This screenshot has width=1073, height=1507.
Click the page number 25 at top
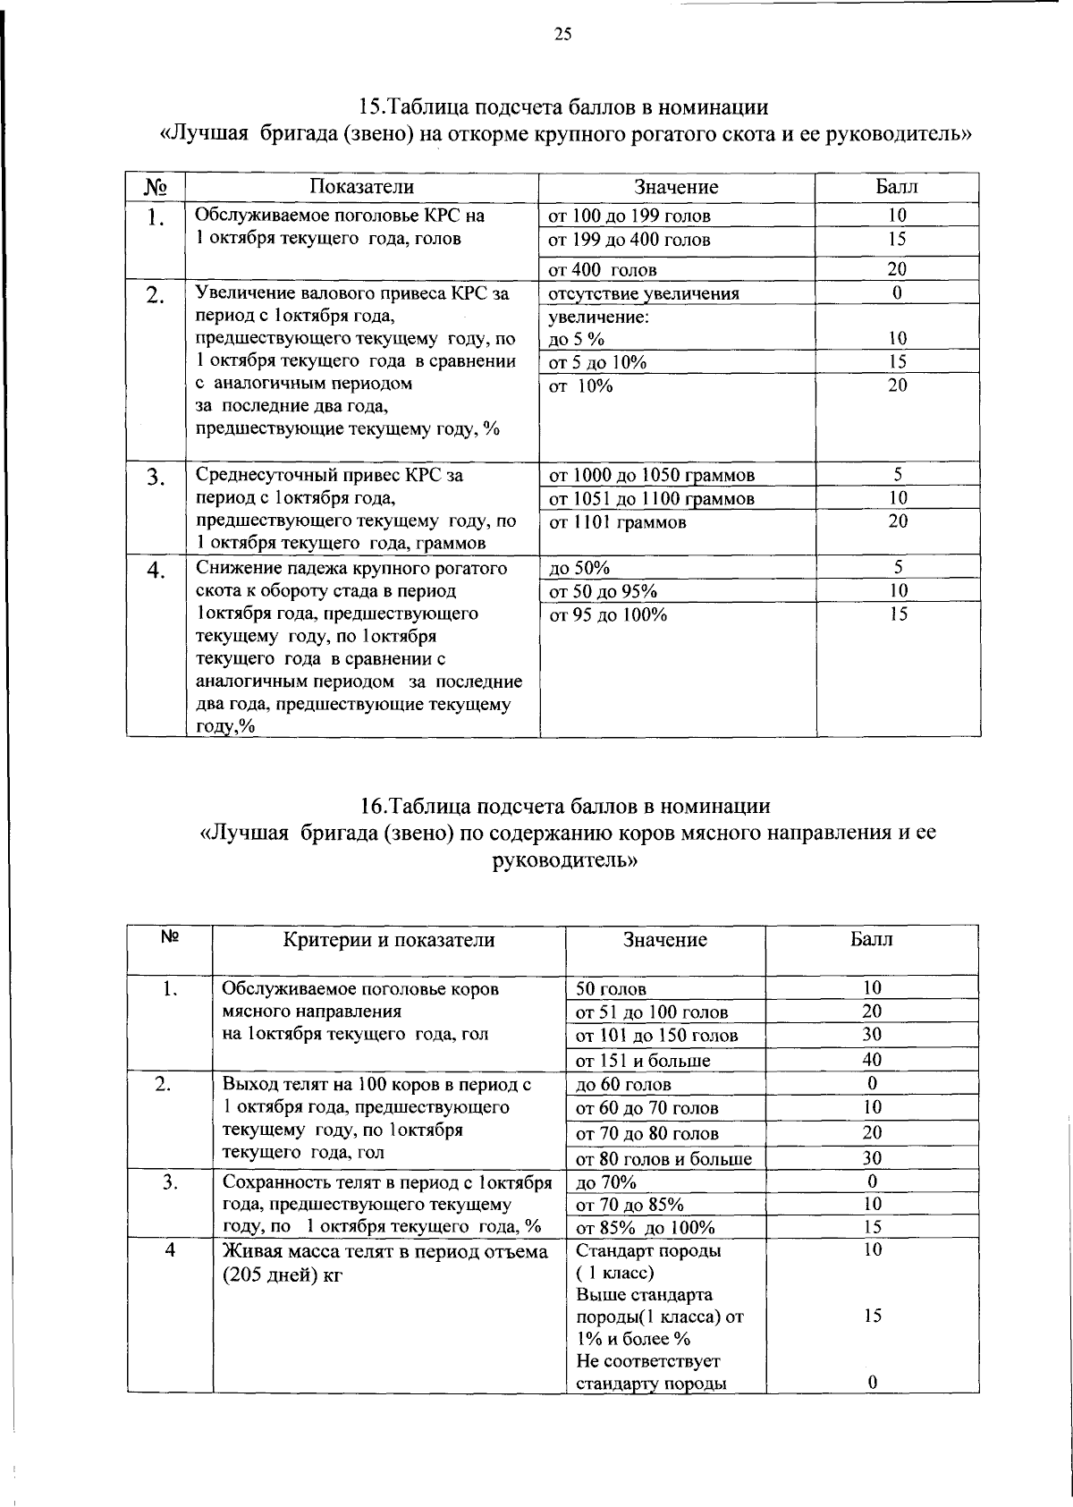562,35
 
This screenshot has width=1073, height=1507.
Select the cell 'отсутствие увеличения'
643,293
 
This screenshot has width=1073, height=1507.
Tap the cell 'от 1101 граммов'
617,522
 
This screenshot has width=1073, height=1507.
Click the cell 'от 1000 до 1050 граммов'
651,475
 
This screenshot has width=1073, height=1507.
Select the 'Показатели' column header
361,187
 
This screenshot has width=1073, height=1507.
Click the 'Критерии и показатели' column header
388,940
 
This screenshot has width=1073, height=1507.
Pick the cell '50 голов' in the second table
611,989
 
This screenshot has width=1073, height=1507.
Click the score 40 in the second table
872,1060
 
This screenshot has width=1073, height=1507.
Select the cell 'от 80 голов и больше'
663,1159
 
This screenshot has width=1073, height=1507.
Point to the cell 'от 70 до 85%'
629,1205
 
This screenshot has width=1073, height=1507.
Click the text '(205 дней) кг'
283,1274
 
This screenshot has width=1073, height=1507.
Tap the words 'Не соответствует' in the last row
648,1361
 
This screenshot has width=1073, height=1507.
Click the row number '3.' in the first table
156,478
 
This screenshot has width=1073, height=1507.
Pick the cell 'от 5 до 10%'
597,362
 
